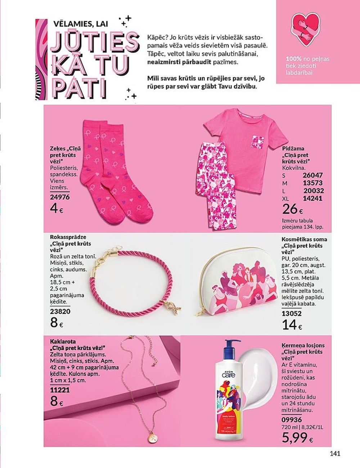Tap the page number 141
335,454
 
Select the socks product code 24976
60,197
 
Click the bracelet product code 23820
60,312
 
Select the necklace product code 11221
60,389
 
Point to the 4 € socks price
57,209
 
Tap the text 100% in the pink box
293,58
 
